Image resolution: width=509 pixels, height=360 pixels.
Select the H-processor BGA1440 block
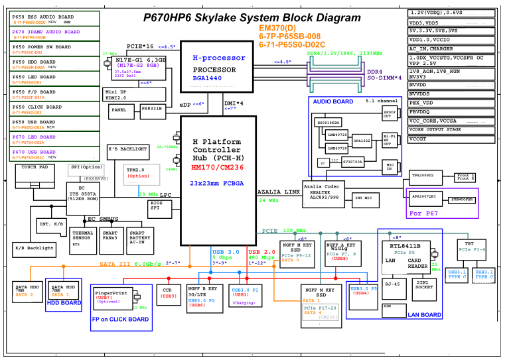[214, 68]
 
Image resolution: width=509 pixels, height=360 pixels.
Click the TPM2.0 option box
[138, 174]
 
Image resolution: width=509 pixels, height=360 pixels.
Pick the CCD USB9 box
[169, 292]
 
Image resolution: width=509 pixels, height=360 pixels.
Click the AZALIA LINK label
[277, 192]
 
